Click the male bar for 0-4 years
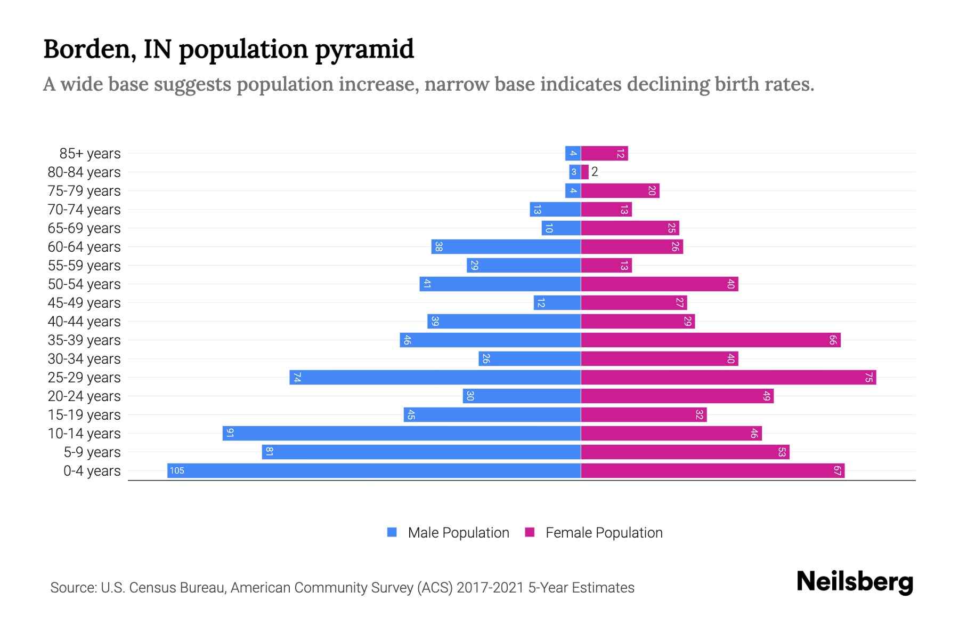[x=374, y=470]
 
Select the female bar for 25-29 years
[x=728, y=377]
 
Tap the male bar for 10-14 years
[x=402, y=433]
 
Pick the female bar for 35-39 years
[x=711, y=340]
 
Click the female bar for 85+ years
[x=605, y=153]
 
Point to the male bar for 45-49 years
[x=557, y=302]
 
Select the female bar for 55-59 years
[x=606, y=265]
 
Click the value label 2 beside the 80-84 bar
[x=595, y=172]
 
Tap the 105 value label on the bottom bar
[x=177, y=470]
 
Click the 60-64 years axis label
[x=84, y=247]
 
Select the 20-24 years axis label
[x=84, y=396]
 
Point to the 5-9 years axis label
[x=92, y=452]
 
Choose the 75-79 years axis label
[x=84, y=191]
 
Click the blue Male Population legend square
[x=392, y=532]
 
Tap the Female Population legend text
[x=604, y=532]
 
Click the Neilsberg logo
[x=855, y=581]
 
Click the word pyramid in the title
[x=364, y=49]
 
